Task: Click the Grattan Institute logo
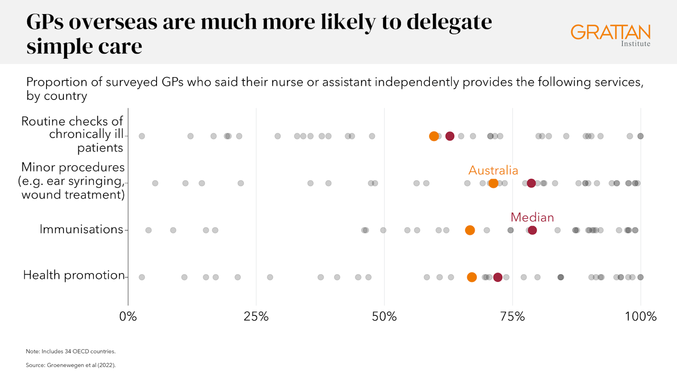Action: click(610, 35)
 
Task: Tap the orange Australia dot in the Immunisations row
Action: click(470, 230)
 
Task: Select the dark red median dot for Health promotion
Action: click(498, 277)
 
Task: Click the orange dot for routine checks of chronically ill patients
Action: click(434, 136)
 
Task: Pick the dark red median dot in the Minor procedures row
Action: click(531, 183)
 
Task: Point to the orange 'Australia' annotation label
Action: click(493, 170)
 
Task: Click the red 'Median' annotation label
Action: click(532, 217)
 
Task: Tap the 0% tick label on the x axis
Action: click(128, 316)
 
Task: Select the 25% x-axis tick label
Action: click(256, 316)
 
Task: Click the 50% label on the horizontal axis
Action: click(384, 316)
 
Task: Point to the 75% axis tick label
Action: click(512, 316)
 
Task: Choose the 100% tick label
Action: click(640, 316)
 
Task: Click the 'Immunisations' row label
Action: click(81, 229)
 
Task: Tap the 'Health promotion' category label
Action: click(74, 275)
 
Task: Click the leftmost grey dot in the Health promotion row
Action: click(142, 277)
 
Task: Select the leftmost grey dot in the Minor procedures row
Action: click(155, 183)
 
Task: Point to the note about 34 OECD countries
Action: click(71, 351)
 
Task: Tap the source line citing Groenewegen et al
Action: click(71, 365)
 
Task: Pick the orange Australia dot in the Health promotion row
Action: click(471, 277)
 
